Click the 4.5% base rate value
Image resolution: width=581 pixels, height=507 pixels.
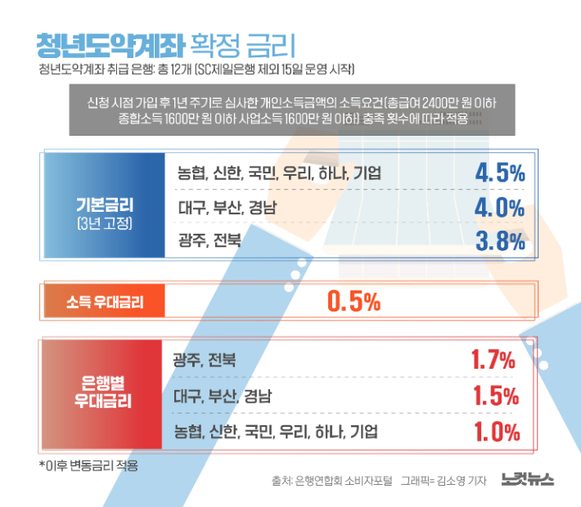(x=499, y=173)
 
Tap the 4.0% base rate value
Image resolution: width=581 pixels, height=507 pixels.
(x=499, y=207)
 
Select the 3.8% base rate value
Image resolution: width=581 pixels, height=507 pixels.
(x=499, y=240)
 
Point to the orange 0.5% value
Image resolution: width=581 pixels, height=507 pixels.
(x=354, y=302)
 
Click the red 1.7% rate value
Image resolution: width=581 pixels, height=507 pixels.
(x=493, y=360)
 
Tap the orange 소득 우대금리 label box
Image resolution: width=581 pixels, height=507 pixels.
(x=105, y=302)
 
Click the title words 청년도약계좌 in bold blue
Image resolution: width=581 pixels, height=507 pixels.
(x=109, y=43)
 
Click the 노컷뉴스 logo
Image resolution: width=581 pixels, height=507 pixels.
(x=528, y=481)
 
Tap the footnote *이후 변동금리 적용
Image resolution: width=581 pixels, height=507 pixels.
(x=88, y=465)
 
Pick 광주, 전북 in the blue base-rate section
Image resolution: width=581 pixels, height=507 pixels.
(x=209, y=240)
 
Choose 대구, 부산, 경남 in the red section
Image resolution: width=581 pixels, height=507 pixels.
(x=223, y=397)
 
